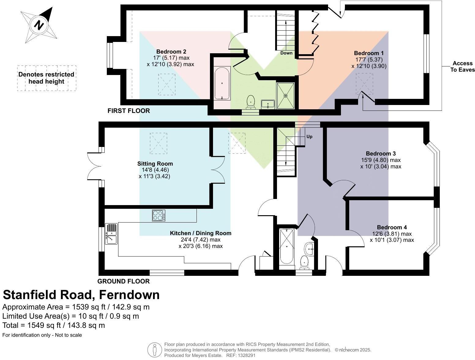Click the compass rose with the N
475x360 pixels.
(x=39, y=25)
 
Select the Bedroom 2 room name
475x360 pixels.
(x=171, y=51)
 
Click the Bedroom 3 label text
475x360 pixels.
(x=381, y=153)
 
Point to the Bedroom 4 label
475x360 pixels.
(x=392, y=227)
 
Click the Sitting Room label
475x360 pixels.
(x=155, y=163)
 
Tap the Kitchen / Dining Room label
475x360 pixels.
(x=200, y=233)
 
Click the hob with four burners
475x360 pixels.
(x=159, y=216)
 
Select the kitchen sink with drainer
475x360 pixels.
(x=111, y=234)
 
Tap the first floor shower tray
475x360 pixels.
(x=286, y=96)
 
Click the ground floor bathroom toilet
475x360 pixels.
(x=304, y=262)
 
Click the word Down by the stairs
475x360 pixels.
(x=286, y=53)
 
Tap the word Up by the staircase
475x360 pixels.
(x=309, y=137)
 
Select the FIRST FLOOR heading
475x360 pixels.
(x=129, y=111)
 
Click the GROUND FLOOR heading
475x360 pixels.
(x=123, y=281)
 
